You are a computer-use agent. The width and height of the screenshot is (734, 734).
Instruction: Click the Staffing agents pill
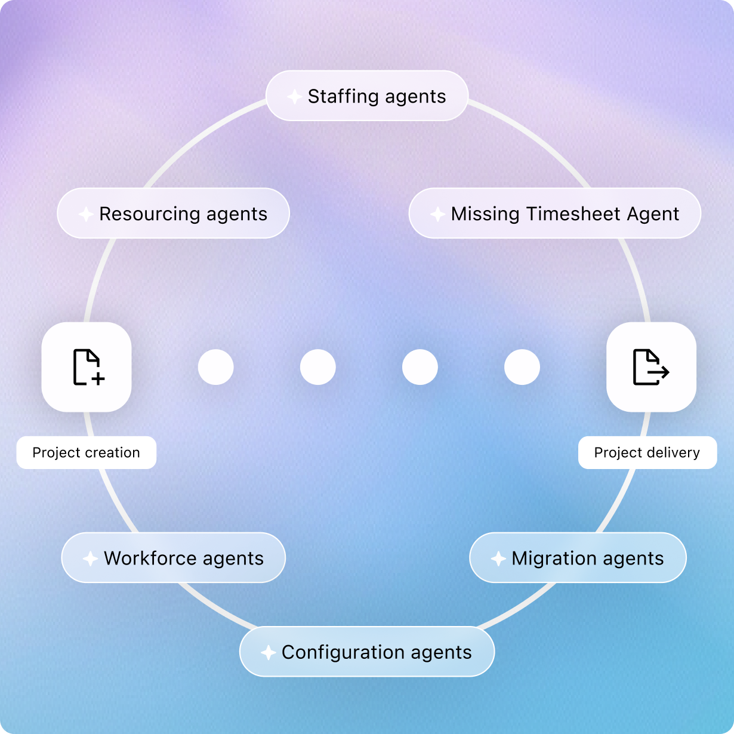(x=366, y=96)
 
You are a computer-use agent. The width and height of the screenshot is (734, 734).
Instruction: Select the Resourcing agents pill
(x=173, y=214)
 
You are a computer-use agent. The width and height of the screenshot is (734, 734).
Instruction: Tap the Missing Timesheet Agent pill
(x=554, y=214)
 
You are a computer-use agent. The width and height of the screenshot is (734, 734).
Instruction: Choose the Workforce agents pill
(x=173, y=558)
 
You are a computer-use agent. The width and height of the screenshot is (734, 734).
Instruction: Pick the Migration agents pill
(x=578, y=558)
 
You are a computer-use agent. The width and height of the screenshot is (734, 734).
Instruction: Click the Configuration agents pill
(x=366, y=652)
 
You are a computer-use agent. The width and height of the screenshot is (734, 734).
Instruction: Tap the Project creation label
(x=86, y=452)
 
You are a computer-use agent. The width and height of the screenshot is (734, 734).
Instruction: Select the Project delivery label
(x=647, y=452)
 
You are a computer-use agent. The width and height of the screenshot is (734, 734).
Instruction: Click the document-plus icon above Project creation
(x=87, y=367)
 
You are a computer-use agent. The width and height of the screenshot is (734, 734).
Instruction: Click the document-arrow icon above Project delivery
(x=650, y=367)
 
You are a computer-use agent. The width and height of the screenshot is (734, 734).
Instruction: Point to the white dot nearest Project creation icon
(x=215, y=367)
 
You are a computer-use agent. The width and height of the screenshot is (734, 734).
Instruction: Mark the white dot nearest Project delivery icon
(x=522, y=367)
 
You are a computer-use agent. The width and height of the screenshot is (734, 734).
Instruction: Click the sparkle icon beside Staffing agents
(x=294, y=97)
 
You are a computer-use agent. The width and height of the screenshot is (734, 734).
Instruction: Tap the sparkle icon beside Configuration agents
(x=268, y=652)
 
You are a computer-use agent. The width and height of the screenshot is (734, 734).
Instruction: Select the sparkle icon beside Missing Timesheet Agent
(x=437, y=214)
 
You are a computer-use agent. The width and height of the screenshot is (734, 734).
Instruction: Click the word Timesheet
(x=565, y=214)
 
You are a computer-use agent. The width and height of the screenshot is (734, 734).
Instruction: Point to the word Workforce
(x=150, y=558)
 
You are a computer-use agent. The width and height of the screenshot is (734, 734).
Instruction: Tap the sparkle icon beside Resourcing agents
(x=86, y=214)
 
